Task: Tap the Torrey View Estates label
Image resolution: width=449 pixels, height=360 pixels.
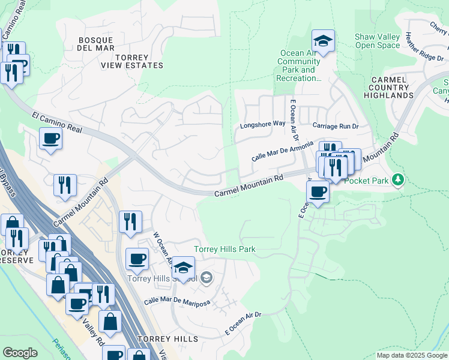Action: tap(131, 61)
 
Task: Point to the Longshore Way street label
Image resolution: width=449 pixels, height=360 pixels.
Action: tap(262, 124)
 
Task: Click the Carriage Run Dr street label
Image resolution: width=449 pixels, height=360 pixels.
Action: tap(336, 126)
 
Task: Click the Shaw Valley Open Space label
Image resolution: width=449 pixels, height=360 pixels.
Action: tap(377, 41)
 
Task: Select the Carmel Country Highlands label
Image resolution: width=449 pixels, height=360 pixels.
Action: tap(392, 87)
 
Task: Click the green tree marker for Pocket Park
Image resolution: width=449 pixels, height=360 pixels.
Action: tap(397, 179)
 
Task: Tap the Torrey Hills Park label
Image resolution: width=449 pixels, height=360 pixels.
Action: tap(224, 249)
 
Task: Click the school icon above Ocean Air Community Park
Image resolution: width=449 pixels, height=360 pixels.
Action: tap(322, 41)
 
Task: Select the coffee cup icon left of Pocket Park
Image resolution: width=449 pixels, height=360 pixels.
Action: tap(317, 192)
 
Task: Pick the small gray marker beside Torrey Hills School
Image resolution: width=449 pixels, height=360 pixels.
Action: tap(206, 277)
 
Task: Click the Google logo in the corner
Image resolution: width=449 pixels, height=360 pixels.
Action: tap(20, 353)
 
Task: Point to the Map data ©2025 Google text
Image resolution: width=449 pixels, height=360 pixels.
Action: tap(411, 355)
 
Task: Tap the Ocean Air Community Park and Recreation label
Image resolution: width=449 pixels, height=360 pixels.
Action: tap(300, 65)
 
